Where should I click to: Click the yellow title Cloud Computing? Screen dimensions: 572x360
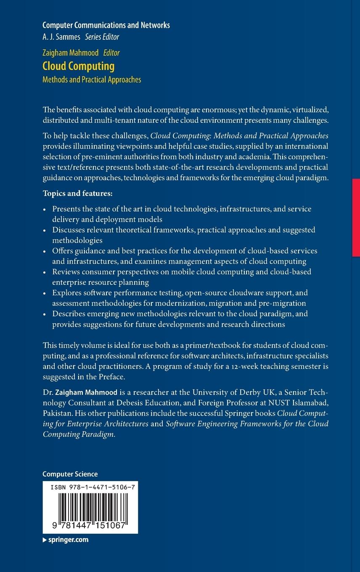78,66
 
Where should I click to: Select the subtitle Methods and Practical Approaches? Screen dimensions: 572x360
92,79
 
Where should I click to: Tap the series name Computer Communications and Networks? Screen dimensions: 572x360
106,25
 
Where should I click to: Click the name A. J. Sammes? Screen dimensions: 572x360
62,37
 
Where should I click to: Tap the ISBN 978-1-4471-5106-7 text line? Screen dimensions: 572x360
93,487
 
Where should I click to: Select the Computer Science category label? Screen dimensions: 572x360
70,474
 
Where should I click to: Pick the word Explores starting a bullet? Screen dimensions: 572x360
67,293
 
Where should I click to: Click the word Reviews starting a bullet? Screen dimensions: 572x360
66,272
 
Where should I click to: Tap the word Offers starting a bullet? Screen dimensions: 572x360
63,251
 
